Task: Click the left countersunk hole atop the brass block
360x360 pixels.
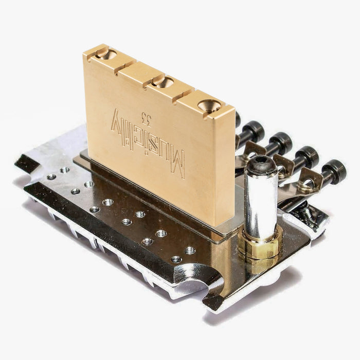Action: coord(102,53)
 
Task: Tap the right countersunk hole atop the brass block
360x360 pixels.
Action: coord(209,105)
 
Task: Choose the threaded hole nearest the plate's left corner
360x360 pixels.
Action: coord(51,176)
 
